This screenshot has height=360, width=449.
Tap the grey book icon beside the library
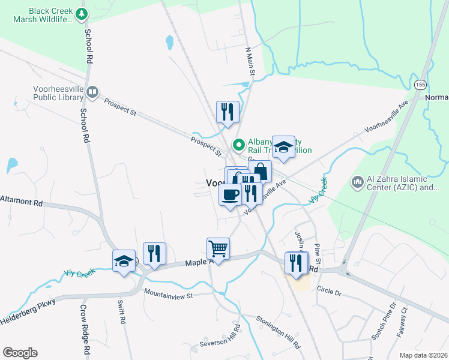[92, 92]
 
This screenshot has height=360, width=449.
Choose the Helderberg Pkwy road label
[29, 309]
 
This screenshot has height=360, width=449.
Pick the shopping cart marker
[218, 248]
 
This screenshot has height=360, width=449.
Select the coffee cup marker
[231, 194]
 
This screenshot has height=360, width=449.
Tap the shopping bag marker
[261, 170]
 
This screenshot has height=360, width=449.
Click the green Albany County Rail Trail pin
[238, 145]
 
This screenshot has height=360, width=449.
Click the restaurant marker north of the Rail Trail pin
[228, 111]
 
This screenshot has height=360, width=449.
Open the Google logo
[20, 353]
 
